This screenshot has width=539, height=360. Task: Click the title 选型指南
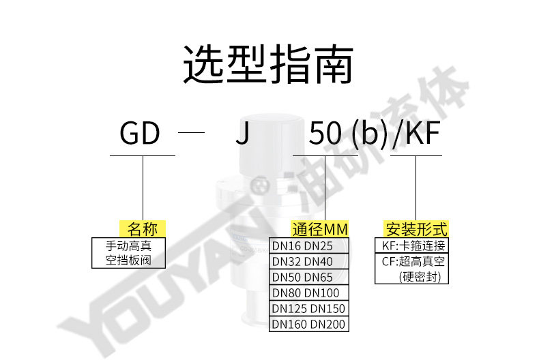tap(269, 66)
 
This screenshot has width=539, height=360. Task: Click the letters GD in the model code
tap(140, 134)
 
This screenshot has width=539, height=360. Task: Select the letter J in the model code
tap(242, 134)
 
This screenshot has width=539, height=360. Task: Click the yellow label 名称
tap(143, 229)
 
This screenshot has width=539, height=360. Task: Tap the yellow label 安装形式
tap(416, 229)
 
